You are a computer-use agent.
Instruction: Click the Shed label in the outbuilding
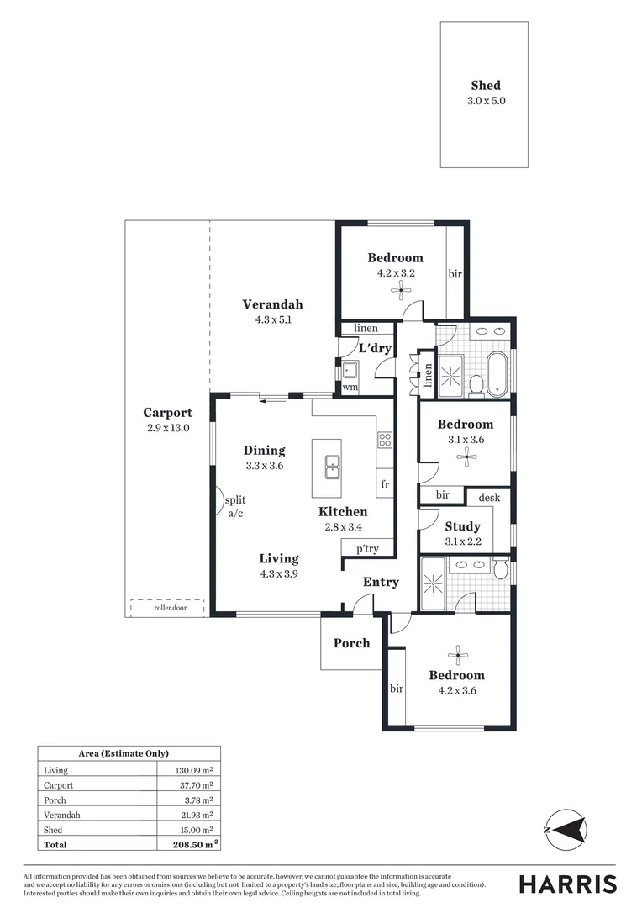click(485, 85)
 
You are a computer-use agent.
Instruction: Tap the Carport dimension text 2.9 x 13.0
click(167, 428)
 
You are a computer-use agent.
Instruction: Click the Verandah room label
click(272, 304)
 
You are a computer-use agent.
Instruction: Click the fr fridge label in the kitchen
click(385, 484)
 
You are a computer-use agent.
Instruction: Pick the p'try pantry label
click(367, 548)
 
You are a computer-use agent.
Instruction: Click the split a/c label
click(234, 506)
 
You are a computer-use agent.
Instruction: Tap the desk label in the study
click(488, 498)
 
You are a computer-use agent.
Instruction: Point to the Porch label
click(351, 643)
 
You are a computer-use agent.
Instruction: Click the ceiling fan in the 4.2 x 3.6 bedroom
click(457, 654)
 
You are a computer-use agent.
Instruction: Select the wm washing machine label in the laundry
click(350, 388)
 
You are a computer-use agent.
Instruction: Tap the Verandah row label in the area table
click(61, 815)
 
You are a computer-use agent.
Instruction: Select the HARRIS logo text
click(567, 884)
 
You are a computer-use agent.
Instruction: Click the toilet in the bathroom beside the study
click(501, 571)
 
